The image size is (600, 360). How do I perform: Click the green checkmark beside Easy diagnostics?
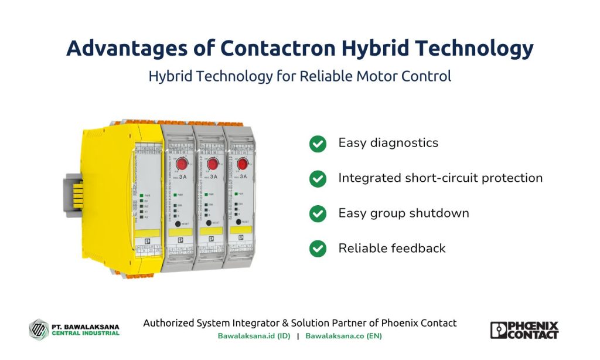point(318,144)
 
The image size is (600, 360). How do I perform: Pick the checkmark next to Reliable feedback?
point(318,249)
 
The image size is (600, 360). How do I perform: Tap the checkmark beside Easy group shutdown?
point(318,213)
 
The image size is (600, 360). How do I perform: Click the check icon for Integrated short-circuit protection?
point(318,179)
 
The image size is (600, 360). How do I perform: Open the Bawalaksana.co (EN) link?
point(343,336)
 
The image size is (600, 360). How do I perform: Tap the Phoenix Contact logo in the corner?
point(524,330)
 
